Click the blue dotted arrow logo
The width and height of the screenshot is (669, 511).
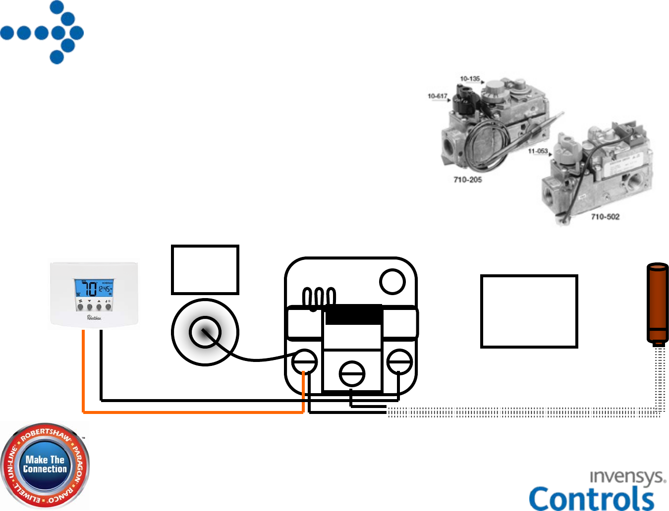click(42, 33)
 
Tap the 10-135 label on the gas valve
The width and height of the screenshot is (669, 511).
click(469, 79)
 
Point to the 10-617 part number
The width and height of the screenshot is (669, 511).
click(437, 96)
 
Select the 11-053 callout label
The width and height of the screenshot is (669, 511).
click(538, 151)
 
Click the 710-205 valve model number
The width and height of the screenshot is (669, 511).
click(467, 180)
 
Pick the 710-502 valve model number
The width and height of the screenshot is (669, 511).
click(605, 216)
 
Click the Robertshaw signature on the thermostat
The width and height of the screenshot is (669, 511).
click(94, 318)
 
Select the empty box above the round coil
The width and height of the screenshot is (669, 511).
click(205, 270)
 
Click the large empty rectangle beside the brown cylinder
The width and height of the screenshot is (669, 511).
click(529, 311)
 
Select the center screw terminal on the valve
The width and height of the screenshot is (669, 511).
click(352, 374)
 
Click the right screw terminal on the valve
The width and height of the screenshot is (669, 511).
click(399, 361)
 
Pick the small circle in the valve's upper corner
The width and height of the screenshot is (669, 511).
click(392, 281)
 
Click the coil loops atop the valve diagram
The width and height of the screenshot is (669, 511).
click(319, 298)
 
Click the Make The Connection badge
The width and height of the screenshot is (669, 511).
click(45, 465)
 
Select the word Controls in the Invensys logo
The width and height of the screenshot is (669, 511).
click(592, 498)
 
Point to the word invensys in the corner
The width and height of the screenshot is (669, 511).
click(627, 477)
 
